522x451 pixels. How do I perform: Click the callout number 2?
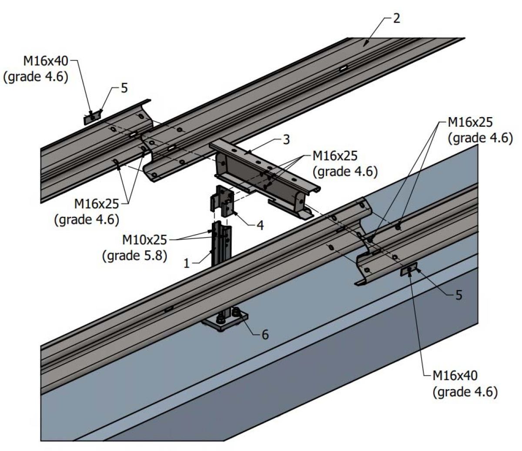[396, 19]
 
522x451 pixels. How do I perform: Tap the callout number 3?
[286, 141]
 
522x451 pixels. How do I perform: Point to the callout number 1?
[187, 263]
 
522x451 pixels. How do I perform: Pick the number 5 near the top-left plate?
[124, 88]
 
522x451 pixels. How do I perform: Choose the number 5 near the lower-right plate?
[458, 295]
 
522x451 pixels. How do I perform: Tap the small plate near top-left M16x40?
[91, 118]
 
